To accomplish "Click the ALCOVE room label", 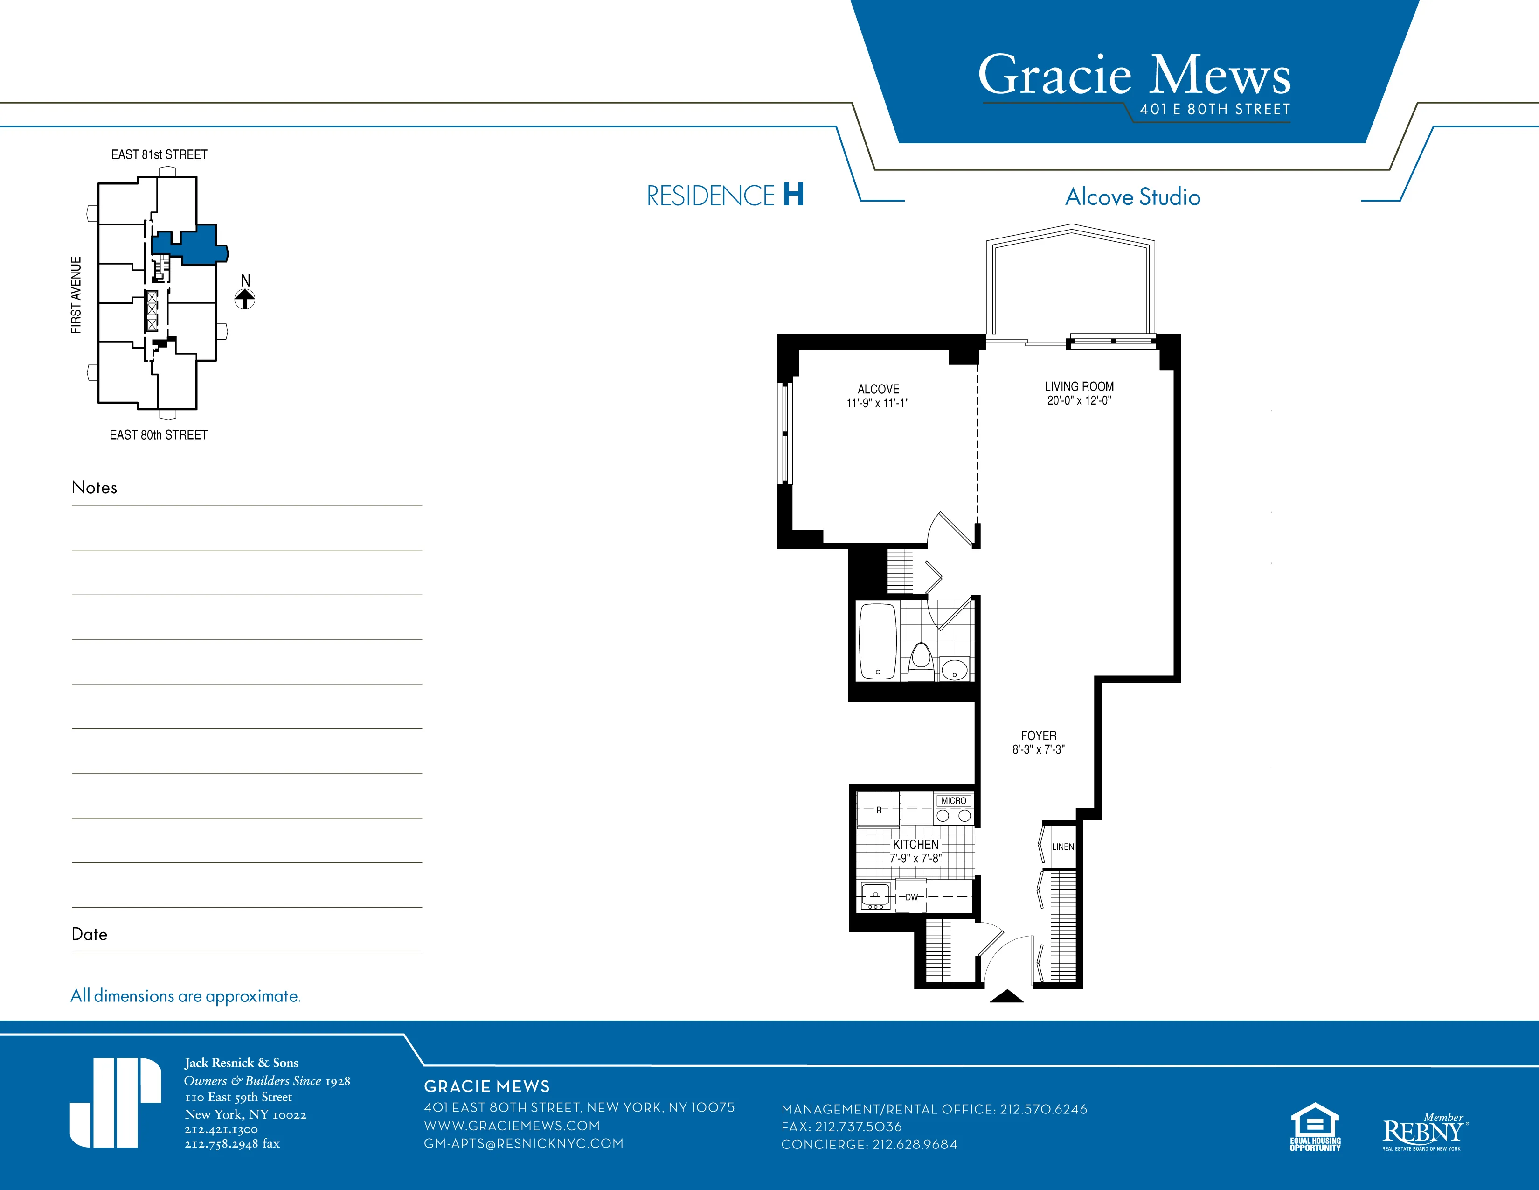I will pyautogui.click(x=878, y=389).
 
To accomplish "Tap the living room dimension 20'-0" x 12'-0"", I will pyautogui.click(x=1079, y=400).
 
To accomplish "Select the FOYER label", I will pyautogui.click(x=1038, y=735).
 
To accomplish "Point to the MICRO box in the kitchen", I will pyautogui.click(x=953, y=801).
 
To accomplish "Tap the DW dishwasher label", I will pyautogui.click(x=912, y=897).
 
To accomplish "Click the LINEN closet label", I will pyautogui.click(x=1063, y=847).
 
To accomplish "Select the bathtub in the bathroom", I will pyautogui.click(x=877, y=642).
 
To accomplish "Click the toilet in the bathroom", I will pyautogui.click(x=920, y=661).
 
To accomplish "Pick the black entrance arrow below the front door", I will pyautogui.click(x=1006, y=996).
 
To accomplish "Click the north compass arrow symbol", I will pyautogui.click(x=244, y=299).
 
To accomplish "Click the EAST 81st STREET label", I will pyautogui.click(x=159, y=154).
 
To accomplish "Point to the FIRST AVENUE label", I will pyautogui.click(x=76, y=294).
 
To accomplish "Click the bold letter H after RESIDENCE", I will pyautogui.click(x=793, y=195).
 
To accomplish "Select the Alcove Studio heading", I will pyautogui.click(x=1132, y=196).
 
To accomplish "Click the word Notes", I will pyautogui.click(x=94, y=487).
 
